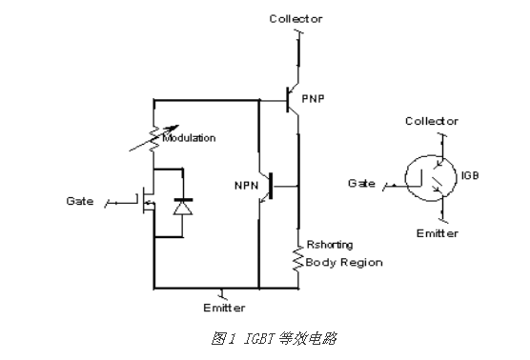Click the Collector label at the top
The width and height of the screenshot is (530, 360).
pos(296,18)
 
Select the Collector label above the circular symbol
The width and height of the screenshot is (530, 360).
pos(432,122)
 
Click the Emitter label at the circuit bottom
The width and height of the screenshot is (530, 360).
pos(224,308)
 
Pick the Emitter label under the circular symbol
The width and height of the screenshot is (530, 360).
pos(438,233)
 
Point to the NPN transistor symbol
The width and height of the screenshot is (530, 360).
pos(272,185)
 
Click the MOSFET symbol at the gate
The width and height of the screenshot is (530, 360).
pos(146,202)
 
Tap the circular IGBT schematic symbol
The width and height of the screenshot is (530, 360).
pos(426,178)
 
